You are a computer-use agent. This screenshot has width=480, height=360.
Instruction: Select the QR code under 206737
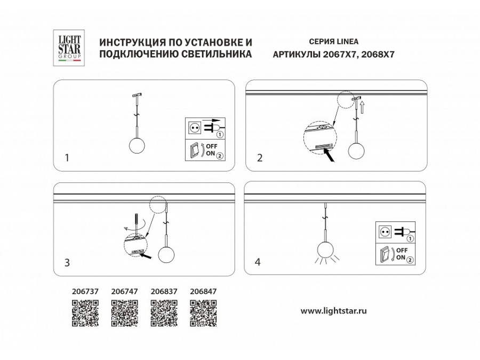[85, 314]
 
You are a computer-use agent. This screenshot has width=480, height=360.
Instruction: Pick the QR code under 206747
[124, 314]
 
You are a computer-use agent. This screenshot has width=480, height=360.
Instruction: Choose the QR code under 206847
[203, 314]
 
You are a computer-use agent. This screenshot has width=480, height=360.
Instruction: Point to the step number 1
[67, 158]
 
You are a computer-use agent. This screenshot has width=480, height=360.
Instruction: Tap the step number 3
[67, 262]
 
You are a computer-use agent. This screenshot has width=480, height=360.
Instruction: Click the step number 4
[258, 262]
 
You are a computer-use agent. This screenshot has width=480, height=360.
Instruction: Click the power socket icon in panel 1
[194, 127]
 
